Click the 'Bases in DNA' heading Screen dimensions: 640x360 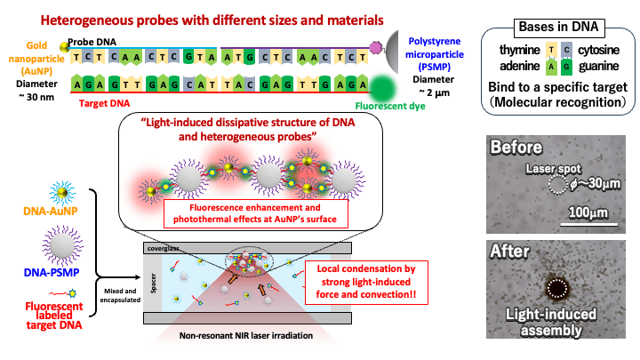[559, 28]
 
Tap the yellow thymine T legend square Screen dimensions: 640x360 [551, 50]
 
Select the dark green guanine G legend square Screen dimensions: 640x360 [566, 67]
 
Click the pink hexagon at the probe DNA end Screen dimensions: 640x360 [375, 47]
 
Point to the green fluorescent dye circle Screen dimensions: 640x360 [382, 89]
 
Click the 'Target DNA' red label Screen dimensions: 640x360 [105, 104]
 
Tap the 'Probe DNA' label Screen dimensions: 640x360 [92, 42]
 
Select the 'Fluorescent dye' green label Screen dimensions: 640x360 [390, 106]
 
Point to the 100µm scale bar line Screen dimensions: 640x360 [588, 224]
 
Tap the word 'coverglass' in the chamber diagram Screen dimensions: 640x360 [163, 248]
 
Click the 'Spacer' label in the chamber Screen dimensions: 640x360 [154, 284]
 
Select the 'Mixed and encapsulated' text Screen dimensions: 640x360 [120, 295]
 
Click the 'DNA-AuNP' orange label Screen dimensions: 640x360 [50, 212]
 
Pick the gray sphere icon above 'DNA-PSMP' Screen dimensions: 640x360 [62, 246]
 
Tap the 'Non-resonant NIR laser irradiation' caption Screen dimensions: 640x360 [246, 336]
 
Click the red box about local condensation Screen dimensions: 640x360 [366, 283]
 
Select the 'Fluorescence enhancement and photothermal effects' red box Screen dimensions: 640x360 [255, 213]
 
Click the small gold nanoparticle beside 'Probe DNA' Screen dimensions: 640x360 [64, 47]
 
